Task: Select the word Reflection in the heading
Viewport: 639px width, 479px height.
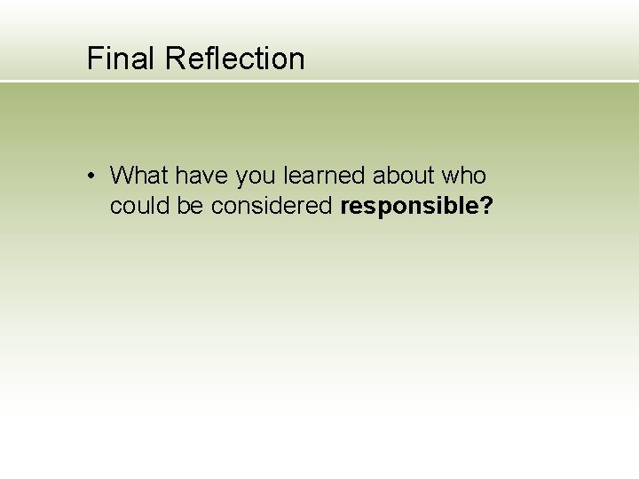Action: (234, 59)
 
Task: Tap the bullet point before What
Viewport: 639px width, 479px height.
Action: (91, 176)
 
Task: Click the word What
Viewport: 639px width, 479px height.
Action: (140, 176)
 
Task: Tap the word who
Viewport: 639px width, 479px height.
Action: (464, 176)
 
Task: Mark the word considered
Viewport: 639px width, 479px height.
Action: (271, 207)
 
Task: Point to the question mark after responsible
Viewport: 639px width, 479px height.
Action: (486, 207)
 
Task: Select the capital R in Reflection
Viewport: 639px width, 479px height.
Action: (174, 59)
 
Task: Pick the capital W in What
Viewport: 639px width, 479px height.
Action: (122, 176)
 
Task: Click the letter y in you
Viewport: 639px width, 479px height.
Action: (241, 177)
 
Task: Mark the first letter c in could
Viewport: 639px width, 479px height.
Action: (115, 208)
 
